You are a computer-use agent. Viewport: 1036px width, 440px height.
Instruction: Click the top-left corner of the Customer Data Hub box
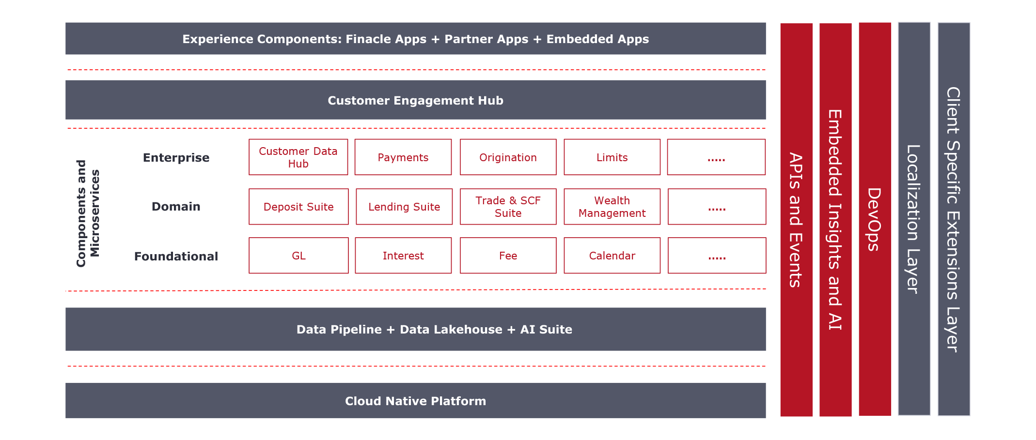[249, 139]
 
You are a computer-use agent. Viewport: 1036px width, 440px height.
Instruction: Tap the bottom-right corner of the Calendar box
[660, 273]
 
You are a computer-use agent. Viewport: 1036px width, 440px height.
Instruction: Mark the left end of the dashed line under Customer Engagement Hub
[68, 128]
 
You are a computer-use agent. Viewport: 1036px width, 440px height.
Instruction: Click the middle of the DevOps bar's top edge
[875, 23]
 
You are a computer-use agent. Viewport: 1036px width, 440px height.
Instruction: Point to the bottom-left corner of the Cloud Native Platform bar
[66, 418]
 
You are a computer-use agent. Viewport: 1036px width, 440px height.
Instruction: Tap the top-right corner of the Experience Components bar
[766, 23]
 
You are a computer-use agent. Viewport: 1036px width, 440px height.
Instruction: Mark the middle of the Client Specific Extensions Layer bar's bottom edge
[954, 415]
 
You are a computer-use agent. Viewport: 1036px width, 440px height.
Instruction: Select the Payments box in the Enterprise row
[403, 157]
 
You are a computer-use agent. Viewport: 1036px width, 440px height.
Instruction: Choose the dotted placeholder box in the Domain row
[717, 207]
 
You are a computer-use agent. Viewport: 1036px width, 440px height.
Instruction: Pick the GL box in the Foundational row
[298, 256]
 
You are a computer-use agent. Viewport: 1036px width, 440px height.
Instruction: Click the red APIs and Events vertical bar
[796, 220]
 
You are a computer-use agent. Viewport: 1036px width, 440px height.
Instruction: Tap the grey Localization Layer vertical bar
[914, 219]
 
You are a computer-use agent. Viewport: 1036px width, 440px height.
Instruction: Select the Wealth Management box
[612, 207]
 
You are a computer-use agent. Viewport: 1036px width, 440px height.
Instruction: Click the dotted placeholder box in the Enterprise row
[716, 157]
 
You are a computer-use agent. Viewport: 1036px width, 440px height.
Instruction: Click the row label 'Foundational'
[176, 256]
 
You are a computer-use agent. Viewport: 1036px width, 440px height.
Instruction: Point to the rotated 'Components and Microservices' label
[88, 213]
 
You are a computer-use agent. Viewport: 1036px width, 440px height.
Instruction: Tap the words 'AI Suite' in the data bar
[546, 330]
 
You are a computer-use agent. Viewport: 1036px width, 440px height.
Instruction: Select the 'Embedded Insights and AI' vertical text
[835, 220]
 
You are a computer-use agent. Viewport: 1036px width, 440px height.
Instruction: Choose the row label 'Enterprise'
[176, 158]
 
